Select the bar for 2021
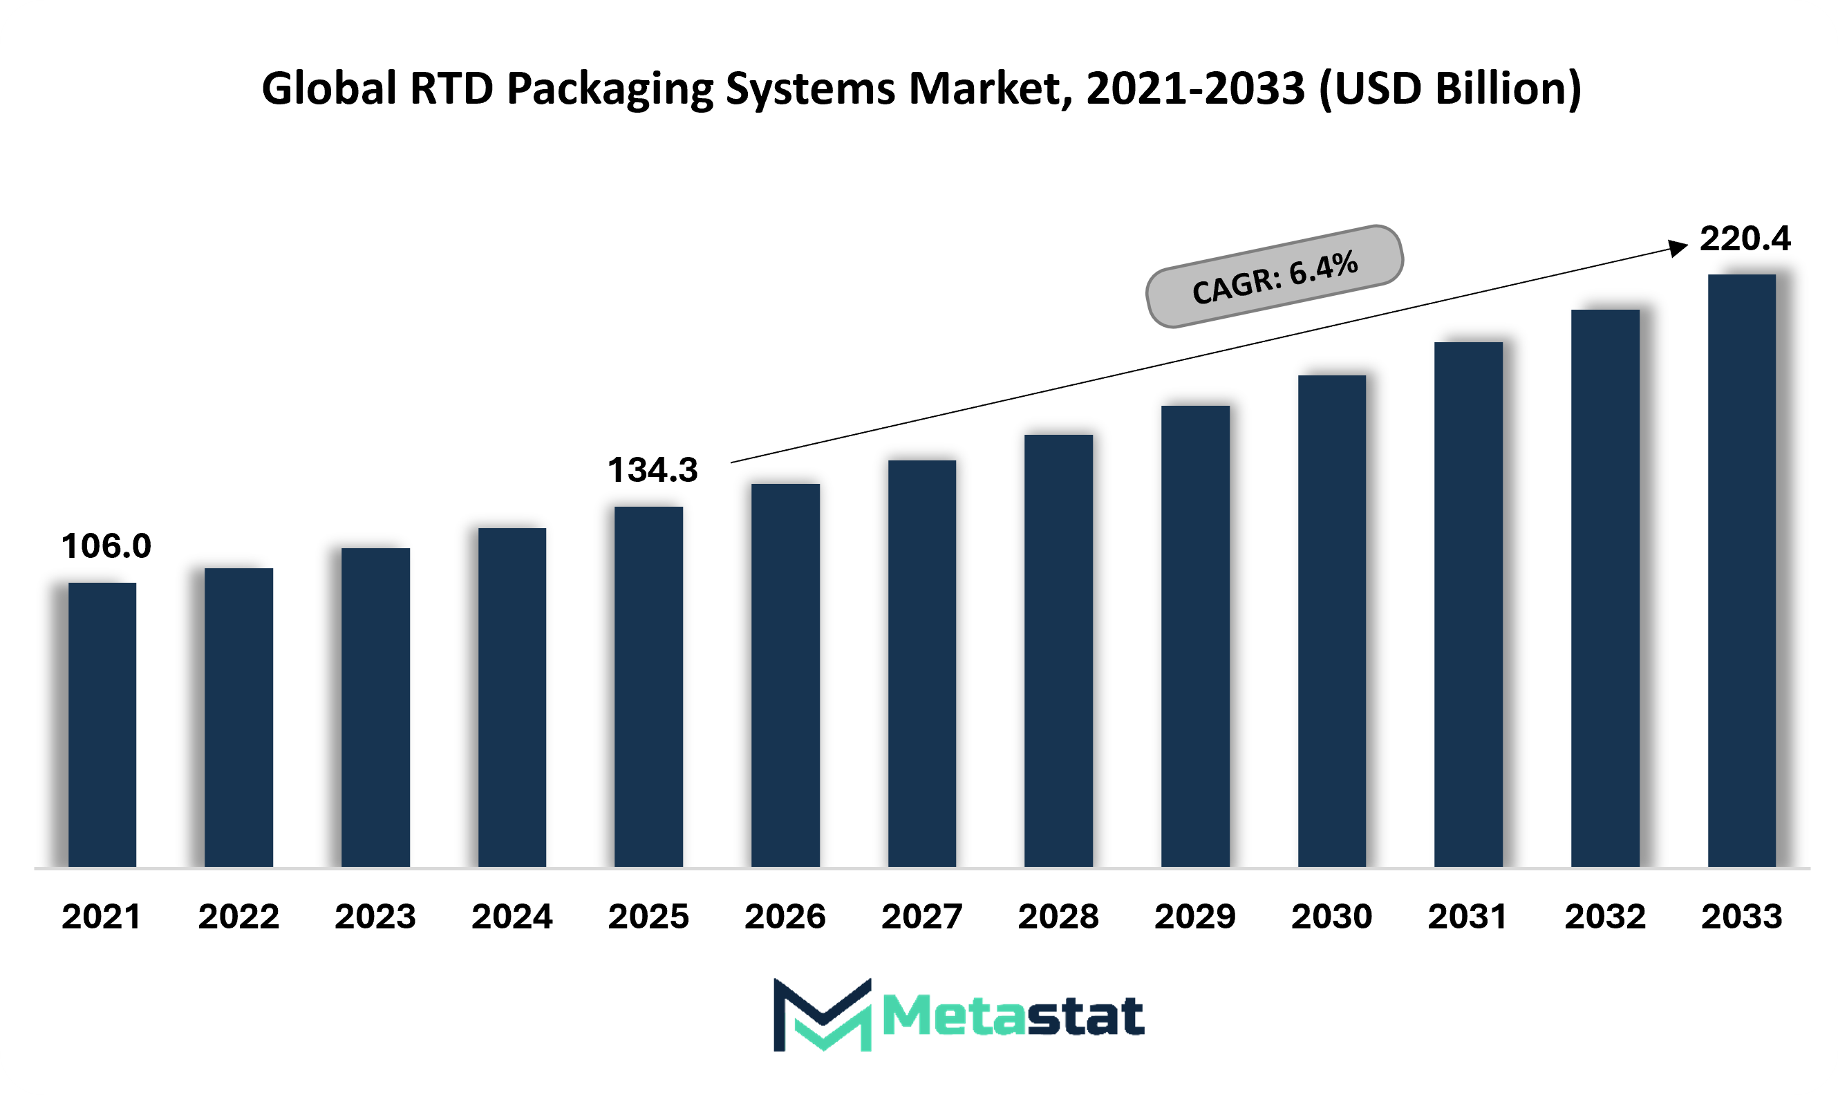102,724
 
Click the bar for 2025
648,687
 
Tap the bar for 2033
1741,570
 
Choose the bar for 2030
1332,621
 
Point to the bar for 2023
375,708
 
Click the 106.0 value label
106,546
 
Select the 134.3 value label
653,470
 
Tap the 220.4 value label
1745,238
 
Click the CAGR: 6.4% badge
1274,276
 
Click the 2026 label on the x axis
785,917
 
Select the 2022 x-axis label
238,917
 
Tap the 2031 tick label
1467,917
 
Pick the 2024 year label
512,917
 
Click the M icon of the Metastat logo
823,1015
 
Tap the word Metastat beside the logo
1013,1016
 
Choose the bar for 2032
1605,588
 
